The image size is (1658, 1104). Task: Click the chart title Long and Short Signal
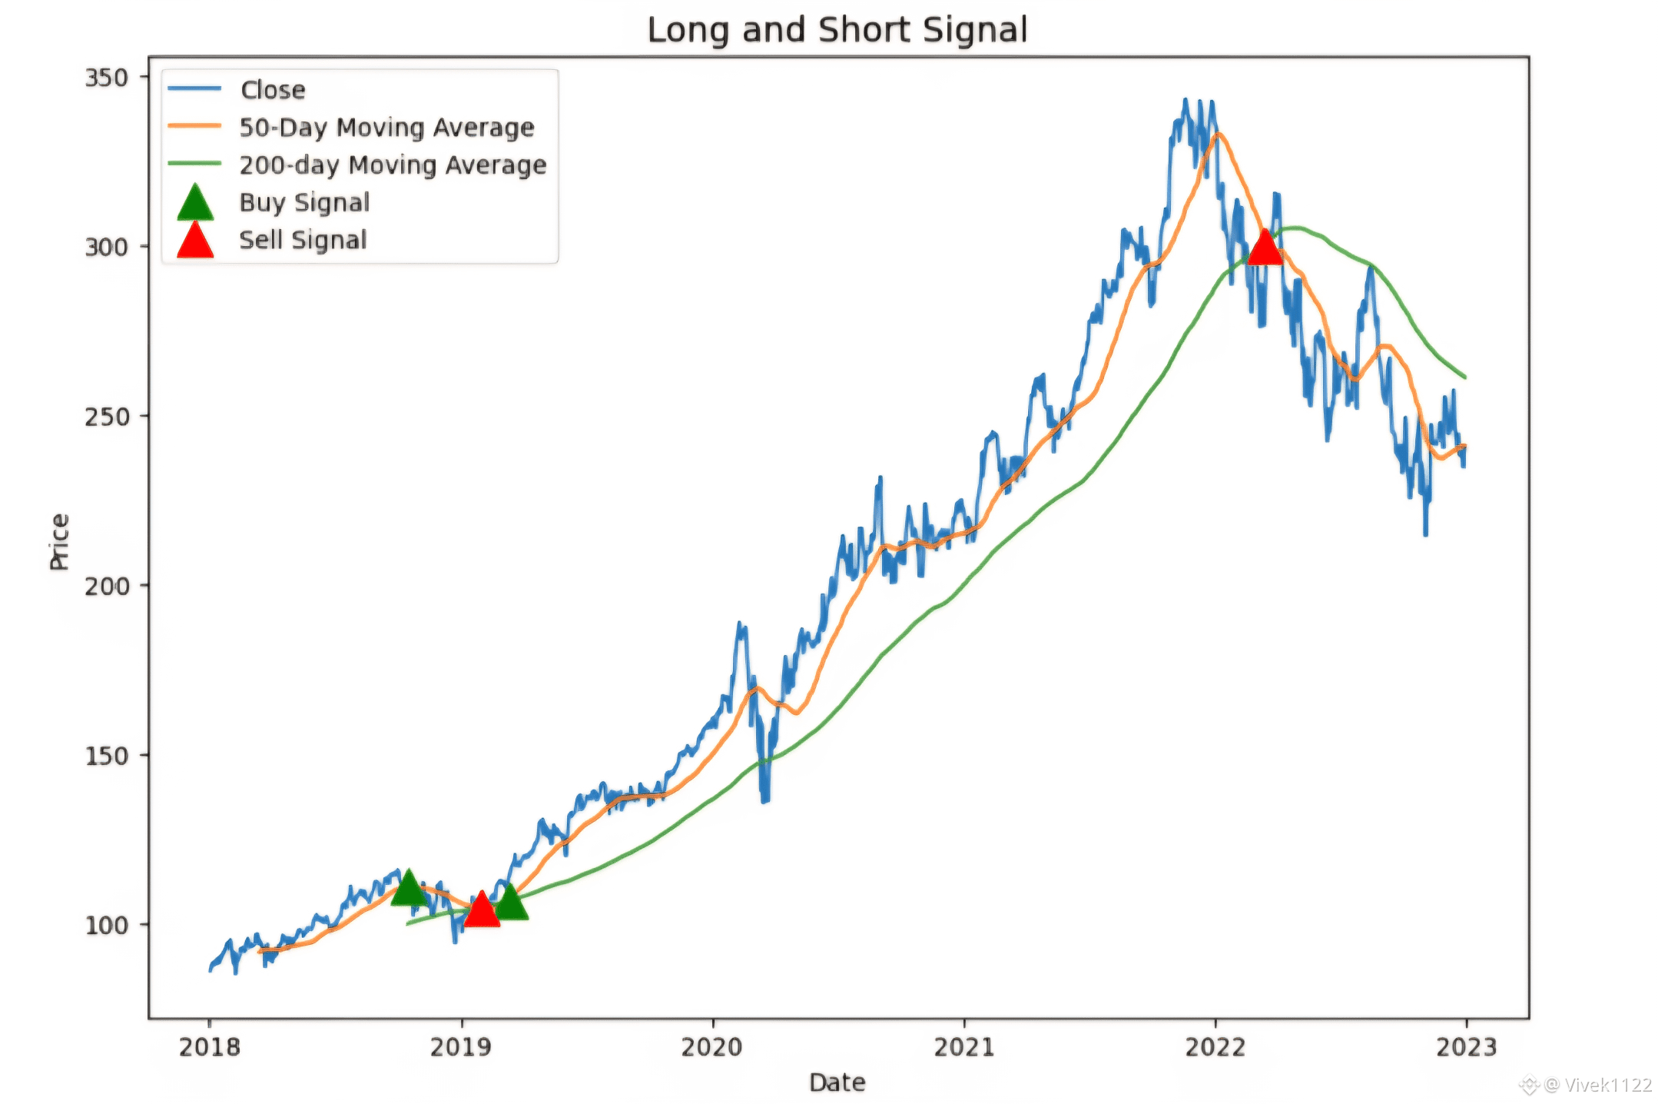click(x=837, y=30)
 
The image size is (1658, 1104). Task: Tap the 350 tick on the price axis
click(x=106, y=78)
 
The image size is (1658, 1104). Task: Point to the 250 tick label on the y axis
click(x=106, y=417)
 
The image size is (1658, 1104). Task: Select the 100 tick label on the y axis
click(x=106, y=925)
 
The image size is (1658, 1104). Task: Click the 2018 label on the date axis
click(x=209, y=1046)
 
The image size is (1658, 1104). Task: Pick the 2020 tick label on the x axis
click(x=712, y=1046)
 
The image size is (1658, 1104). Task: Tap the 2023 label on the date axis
click(x=1467, y=1046)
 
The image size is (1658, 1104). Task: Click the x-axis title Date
click(x=837, y=1082)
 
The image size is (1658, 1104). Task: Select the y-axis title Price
click(x=59, y=542)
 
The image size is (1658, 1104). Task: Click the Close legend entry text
click(x=273, y=90)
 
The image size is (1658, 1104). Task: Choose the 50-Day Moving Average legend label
click(x=386, y=128)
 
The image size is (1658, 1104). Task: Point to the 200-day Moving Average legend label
click(x=393, y=165)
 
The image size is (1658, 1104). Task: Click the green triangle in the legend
click(x=195, y=203)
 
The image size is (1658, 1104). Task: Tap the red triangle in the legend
click(x=195, y=241)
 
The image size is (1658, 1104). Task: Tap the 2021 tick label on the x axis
click(x=964, y=1046)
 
